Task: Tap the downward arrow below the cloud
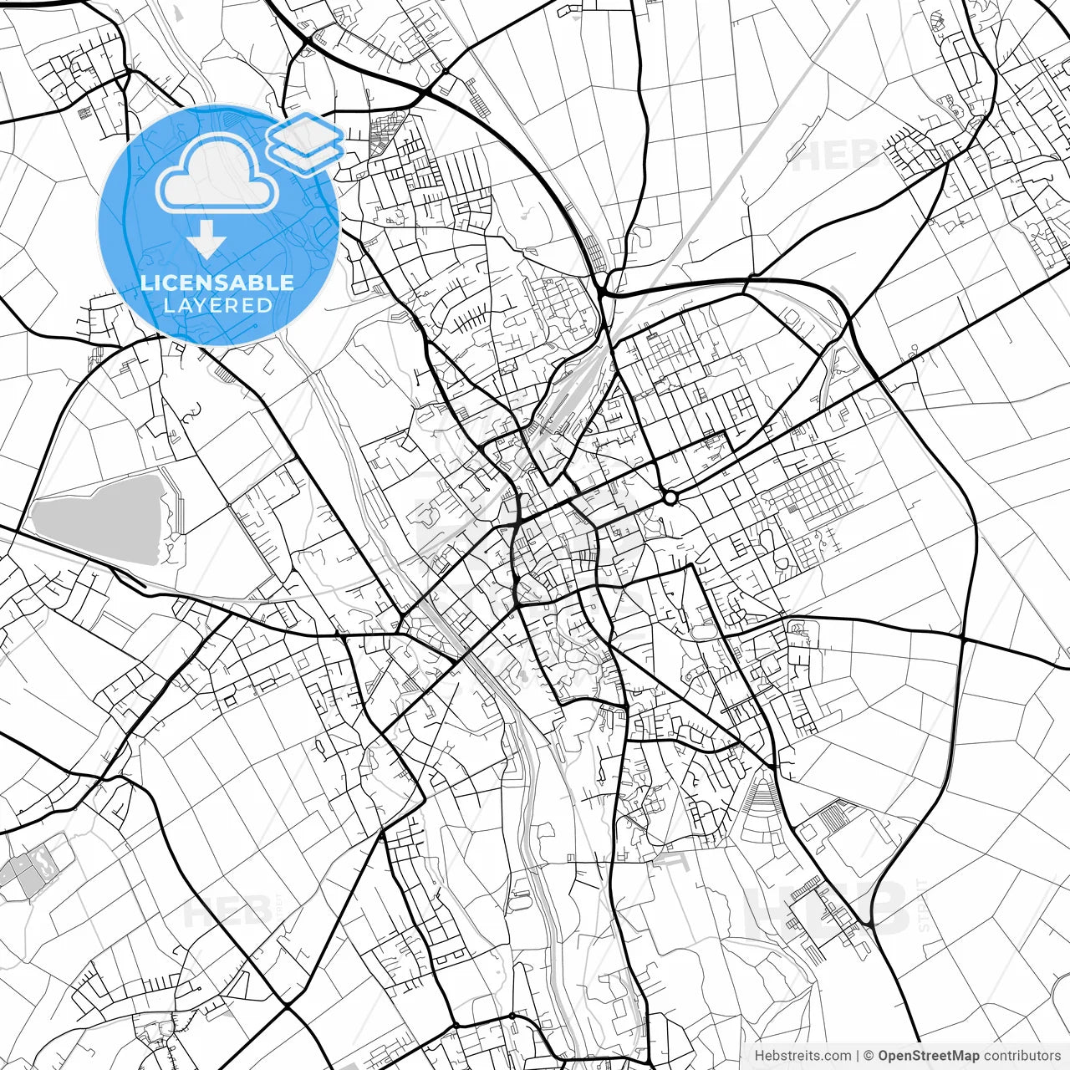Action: coord(206,242)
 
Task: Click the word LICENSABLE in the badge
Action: coord(217,283)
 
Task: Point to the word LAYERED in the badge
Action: coord(217,305)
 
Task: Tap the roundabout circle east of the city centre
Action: coord(670,498)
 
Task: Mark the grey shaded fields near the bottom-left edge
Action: coord(29,869)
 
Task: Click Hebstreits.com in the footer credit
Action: coord(803,1056)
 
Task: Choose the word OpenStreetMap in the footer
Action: coord(929,1056)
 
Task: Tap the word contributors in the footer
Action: coord(1022,1056)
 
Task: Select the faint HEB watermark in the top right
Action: coord(836,155)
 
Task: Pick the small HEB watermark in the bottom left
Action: coord(226,911)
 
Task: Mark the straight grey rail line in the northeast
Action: coord(752,167)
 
